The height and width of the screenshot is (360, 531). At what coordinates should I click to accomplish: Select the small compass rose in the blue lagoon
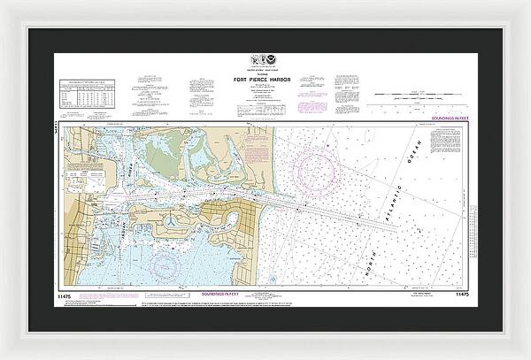coord(165,264)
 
